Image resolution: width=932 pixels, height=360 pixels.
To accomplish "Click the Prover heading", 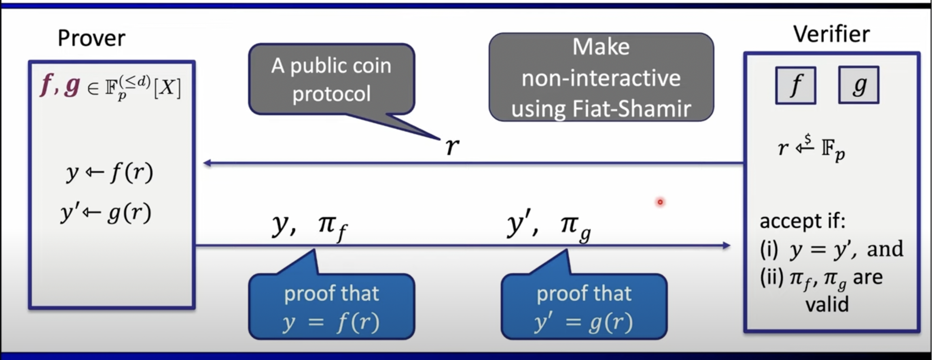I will (x=91, y=38).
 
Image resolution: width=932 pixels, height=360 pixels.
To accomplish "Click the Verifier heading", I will (x=831, y=35).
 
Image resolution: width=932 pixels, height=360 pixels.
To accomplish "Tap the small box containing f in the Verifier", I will (x=795, y=85).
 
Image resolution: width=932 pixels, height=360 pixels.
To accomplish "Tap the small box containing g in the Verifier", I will (x=858, y=85).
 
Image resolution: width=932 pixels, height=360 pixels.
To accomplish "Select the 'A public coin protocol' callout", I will (x=331, y=79).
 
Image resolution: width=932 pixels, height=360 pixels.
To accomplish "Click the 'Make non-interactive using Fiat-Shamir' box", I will (x=601, y=77).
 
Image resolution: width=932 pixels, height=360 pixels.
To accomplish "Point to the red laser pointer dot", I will (x=660, y=202).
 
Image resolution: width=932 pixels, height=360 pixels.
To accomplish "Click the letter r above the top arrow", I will (x=452, y=146).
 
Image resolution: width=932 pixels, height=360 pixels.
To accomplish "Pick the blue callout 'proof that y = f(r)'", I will (x=331, y=307).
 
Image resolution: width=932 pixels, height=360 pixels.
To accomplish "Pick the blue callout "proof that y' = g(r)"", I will (x=584, y=307).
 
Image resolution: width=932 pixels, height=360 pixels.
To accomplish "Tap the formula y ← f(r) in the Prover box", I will (x=110, y=173).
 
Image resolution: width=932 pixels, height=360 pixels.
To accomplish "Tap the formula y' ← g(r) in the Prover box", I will (x=106, y=213).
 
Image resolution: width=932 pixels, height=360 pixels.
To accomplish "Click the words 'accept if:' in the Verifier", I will (x=803, y=221).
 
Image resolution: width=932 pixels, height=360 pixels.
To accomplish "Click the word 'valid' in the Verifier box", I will (x=827, y=304).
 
